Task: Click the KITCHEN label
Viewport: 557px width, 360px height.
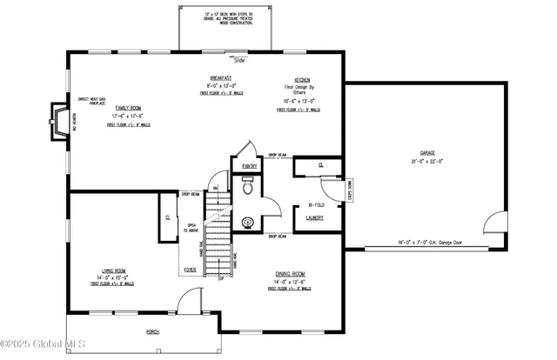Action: [x=303, y=79]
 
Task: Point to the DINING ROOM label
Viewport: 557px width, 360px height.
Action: [x=291, y=273]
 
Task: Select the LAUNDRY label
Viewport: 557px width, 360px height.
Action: [x=314, y=217]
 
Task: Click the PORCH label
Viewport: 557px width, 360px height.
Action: [x=153, y=331]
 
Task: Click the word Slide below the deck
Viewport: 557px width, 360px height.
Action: [x=238, y=61]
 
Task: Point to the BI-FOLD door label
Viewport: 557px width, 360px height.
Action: [x=314, y=205]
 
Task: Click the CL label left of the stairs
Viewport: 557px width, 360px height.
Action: [x=167, y=217]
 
